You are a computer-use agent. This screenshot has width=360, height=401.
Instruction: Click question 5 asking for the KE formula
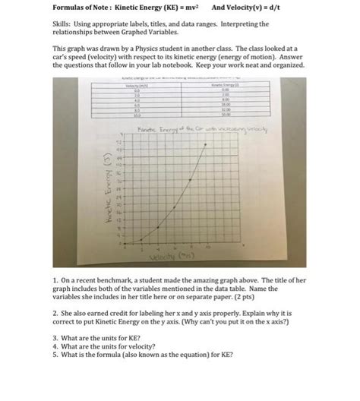click(x=144, y=353)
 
